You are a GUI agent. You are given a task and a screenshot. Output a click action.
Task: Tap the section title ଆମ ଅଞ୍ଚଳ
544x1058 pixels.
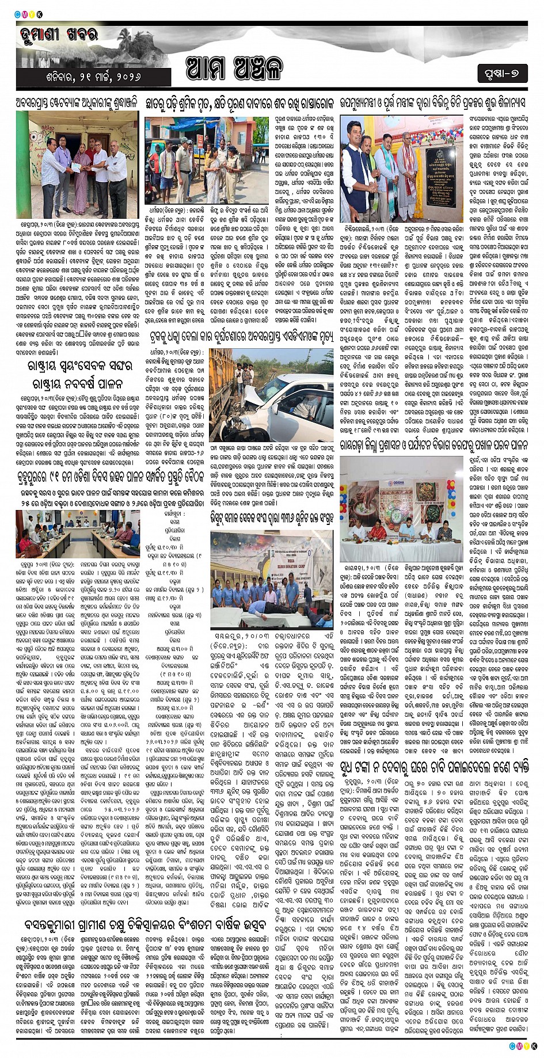pos(235,69)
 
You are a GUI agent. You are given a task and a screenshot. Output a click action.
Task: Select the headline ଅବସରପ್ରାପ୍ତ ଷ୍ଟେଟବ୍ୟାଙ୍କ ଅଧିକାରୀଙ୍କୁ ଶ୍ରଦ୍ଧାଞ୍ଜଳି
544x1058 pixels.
pos(77,102)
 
